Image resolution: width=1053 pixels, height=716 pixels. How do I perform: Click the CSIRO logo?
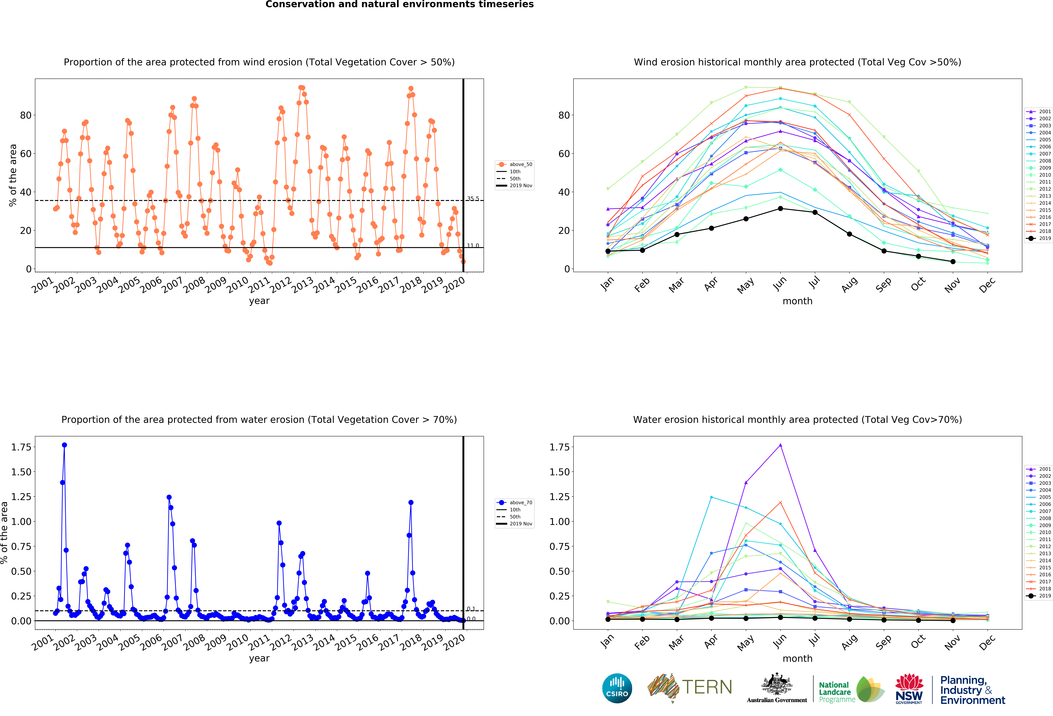tap(617, 688)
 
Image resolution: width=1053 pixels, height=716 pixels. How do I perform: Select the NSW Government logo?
tap(909, 689)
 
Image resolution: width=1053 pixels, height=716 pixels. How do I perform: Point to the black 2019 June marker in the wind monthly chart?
tap(780, 208)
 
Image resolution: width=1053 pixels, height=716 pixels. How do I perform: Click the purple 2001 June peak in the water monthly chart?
tap(780, 445)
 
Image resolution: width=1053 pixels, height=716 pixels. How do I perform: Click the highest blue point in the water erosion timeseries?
tap(64, 445)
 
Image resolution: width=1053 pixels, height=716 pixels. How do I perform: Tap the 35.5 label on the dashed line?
tap(473, 198)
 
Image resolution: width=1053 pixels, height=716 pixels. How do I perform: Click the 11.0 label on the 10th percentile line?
tap(473, 246)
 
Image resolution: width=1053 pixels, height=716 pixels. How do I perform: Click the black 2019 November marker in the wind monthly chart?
tap(953, 261)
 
